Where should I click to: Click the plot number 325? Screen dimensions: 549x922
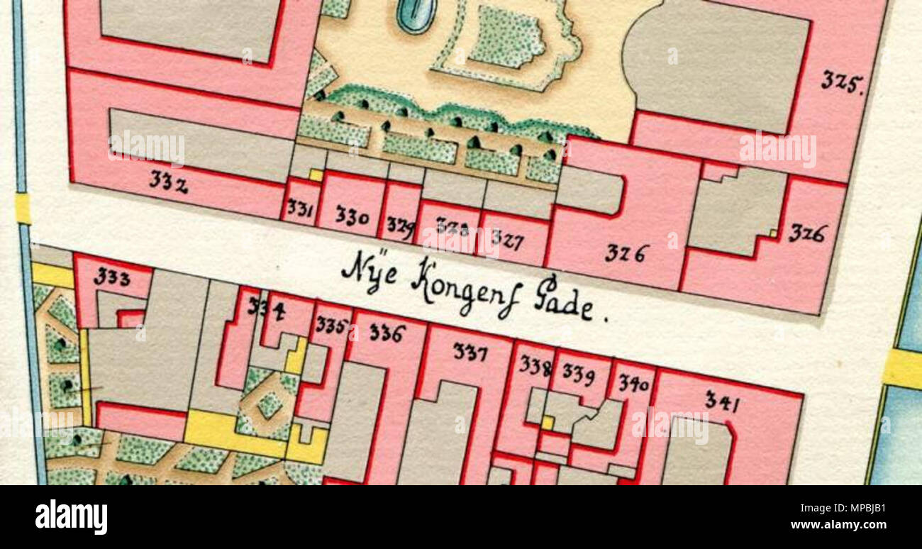coord(841,82)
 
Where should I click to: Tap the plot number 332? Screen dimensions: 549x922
coord(168,182)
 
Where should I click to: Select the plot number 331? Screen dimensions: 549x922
coord(300,209)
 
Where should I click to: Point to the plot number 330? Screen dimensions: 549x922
coord(352,216)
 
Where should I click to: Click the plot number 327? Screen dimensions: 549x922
coord(507,240)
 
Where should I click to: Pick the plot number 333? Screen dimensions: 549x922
coord(112,277)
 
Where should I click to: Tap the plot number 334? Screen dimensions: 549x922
coord(267,308)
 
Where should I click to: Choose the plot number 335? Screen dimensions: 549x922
coord(331,326)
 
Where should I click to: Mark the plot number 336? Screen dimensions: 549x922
coord(387,332)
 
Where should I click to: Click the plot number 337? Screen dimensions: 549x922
coord(470,351)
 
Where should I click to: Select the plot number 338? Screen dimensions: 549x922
coord(535,365)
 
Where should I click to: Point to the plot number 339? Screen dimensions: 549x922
coord(578,373)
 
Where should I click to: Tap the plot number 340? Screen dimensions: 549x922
coord(633,384)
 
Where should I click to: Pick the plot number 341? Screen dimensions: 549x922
coord(722,402)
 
